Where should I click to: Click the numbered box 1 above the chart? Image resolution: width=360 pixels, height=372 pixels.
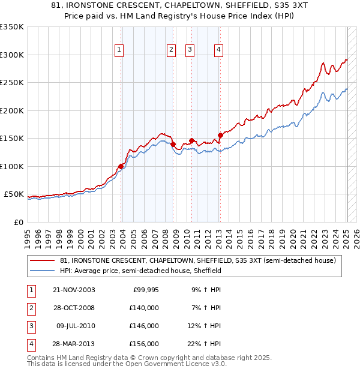click(x=119, y=50)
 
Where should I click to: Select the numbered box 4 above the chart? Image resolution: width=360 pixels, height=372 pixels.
click(x=219, y=50)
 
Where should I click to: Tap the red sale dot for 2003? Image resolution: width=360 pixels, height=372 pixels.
click(x=121, y=166)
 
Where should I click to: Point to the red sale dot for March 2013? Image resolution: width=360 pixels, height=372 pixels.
click(x=220, y=134)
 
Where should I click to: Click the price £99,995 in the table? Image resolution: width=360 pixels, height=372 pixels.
click(x=145, y=290)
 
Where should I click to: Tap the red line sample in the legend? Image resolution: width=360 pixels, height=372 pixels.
click(x=42, y=261)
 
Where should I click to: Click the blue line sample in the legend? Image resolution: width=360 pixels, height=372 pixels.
click(x=42, y=271)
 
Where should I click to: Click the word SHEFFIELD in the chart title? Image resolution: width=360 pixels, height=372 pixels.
click(x=223, y=7)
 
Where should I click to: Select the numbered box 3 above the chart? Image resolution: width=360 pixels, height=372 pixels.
click(x=190, y=50)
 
